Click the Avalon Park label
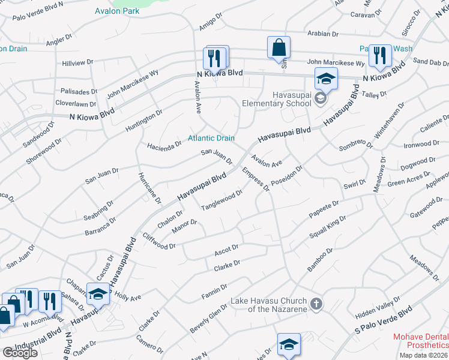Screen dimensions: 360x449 [117, 11]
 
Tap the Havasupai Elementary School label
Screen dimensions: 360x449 [276, 99]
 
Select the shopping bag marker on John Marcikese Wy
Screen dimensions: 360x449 [279, 47]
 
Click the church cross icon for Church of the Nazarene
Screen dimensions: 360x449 [317, 304]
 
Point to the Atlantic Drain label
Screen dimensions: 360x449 [211, 138]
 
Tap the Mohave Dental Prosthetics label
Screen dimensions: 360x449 [420, 341]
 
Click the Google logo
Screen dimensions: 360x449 [19, 353]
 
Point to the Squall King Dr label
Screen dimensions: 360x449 [328, 227]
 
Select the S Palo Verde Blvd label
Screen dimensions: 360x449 [384, 319]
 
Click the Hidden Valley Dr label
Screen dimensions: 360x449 [377, 307]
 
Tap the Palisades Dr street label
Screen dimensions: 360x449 [79, 92]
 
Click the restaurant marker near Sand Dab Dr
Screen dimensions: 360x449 [379, 56]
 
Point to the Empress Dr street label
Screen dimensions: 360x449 [255, 179]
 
